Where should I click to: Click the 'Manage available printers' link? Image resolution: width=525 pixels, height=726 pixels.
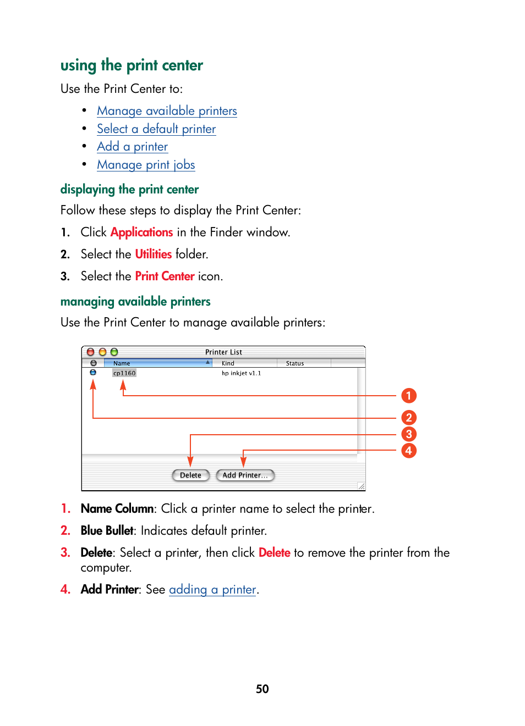167,111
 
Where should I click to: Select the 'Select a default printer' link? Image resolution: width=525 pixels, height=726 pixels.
156,129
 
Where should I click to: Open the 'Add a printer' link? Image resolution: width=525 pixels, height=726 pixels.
132,147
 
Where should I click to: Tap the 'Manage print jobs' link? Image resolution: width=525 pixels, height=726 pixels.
146,165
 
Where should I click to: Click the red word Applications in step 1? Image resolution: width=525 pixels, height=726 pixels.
141,232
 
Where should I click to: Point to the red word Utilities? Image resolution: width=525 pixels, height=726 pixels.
154,254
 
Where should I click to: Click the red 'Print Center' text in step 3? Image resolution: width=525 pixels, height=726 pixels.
165,276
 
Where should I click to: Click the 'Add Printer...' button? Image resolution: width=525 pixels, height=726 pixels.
245,475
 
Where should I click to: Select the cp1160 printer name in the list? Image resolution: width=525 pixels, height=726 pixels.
124,373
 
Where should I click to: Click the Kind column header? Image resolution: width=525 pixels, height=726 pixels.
228,363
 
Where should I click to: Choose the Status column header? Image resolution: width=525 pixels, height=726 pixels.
295,363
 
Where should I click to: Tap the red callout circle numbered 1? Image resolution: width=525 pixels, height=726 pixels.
409,396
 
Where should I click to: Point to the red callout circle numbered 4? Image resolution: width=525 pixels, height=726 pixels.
409,451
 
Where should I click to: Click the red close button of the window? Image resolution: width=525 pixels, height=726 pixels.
91,352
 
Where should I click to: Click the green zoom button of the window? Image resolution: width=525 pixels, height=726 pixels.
114,352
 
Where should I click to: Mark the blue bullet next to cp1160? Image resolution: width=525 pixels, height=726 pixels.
93,373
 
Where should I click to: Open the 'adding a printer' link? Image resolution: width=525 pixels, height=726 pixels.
212,590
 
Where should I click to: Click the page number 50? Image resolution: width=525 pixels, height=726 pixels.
262,689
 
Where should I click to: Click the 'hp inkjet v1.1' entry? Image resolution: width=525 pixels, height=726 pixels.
241,373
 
